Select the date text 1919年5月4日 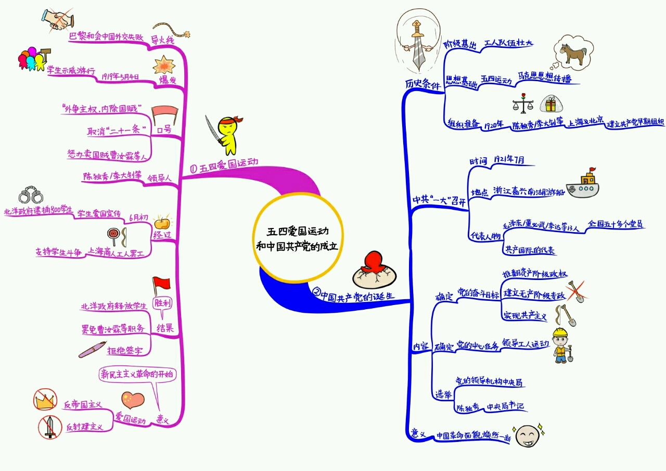point(120,77)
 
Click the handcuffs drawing point(31,196)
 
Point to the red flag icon point(161,286)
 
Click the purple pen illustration point(93,349)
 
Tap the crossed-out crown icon point(45,400)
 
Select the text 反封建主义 point(83,427)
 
